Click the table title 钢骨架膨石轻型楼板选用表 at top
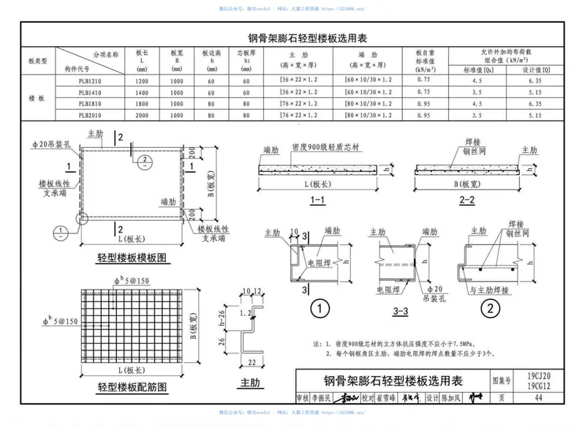pos(293,38)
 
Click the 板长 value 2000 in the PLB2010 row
pos(142,116)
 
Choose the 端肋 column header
pos(369,55)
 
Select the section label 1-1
pos(318,200)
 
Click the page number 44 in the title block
pos(537,398)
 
